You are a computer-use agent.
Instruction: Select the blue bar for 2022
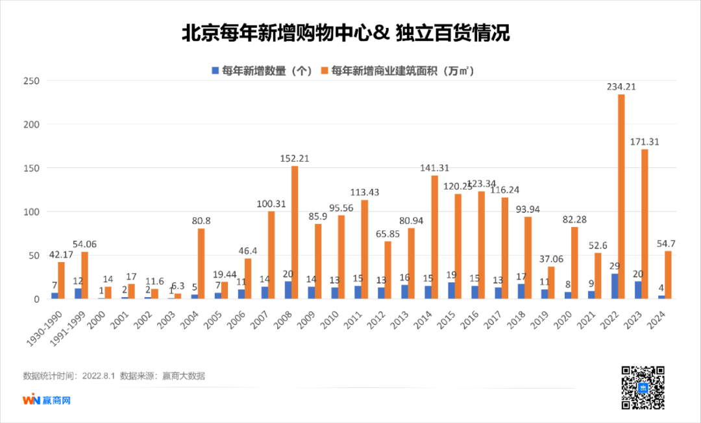pos(613,286)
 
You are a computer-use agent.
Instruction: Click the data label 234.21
pos(621,86)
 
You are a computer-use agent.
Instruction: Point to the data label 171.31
pos(645,141)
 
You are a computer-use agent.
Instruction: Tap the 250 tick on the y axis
pos(31,81)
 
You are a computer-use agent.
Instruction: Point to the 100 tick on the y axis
pos(31,212)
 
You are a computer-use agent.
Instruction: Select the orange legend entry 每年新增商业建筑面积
pos(402,70)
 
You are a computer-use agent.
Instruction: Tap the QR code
pos(643,388)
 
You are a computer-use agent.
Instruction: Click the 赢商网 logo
pos(46,400)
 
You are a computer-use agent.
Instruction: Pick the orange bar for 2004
pos(201,263)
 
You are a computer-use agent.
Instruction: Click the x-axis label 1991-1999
pos(70,325)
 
